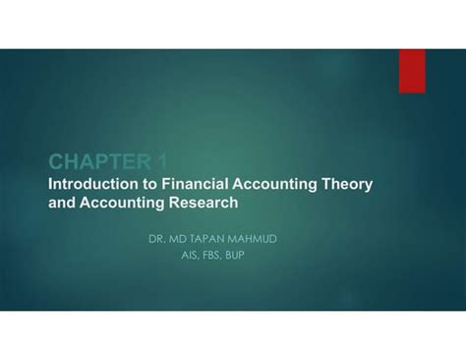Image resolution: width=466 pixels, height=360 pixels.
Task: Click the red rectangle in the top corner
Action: coord(412,71)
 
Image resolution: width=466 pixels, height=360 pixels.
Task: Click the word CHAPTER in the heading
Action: coord(93,162)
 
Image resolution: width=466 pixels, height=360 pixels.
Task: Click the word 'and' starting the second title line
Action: coord(63,204)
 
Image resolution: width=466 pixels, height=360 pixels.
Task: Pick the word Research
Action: coord(203,204)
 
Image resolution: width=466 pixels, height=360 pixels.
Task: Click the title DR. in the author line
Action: coord(159,237)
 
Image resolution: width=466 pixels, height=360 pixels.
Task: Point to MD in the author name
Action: coord(182,237)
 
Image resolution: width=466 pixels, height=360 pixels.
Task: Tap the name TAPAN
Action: coord(214,237)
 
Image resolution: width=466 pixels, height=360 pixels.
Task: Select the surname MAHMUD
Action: coord(266,237)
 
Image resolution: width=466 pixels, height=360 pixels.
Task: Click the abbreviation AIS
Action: coord(194,255)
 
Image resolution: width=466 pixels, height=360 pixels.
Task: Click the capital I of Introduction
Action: coord(51,184)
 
